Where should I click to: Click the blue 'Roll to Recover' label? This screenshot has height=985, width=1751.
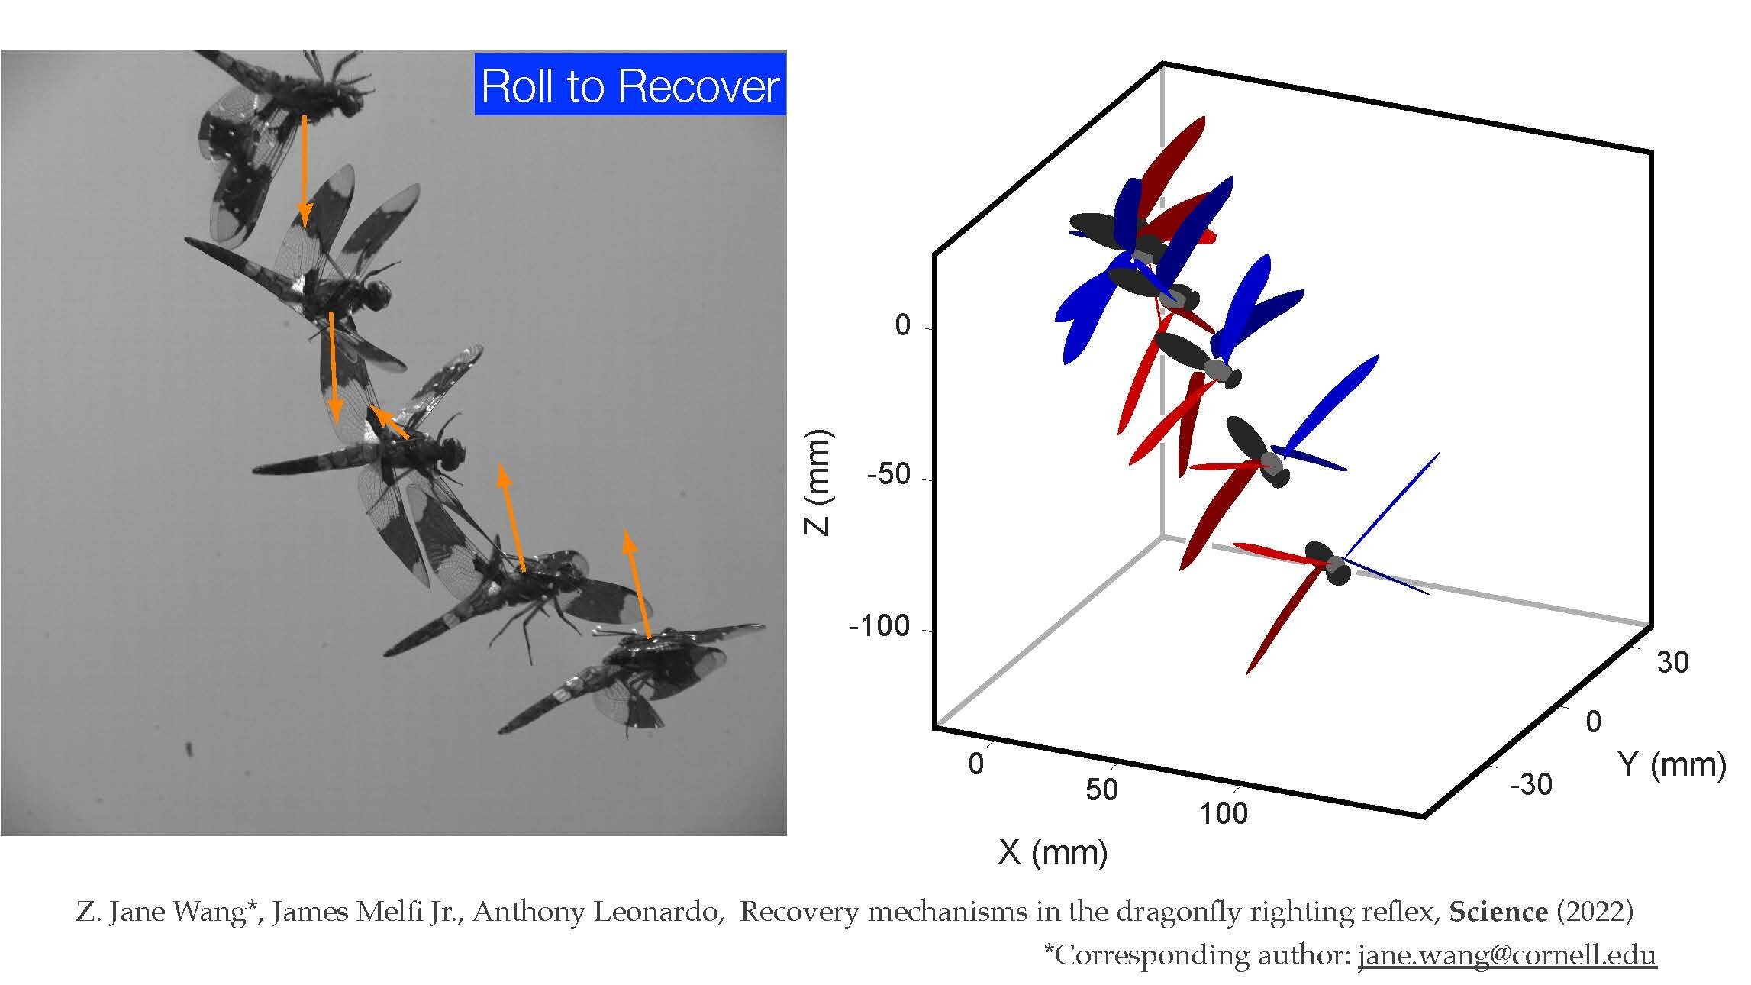click(x=630, y=85)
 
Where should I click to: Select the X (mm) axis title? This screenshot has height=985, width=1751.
click(x=1053, y=851)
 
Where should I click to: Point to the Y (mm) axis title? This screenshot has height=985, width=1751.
click(x=1671, y=764)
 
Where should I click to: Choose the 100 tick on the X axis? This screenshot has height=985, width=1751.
click(x=1223, y=814)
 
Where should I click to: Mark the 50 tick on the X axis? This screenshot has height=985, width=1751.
click(x=1101, y=790)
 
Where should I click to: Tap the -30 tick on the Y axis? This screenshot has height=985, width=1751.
click(x=1530, y=784)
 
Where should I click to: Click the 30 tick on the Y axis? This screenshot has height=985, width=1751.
click(x=1672, y=662)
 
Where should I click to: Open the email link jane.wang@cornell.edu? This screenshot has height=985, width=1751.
click(x=1508, y=955)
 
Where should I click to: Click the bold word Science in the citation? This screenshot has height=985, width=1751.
click(x=1498, y=912)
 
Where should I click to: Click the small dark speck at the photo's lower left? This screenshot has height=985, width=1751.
click(x=189, y=748)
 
